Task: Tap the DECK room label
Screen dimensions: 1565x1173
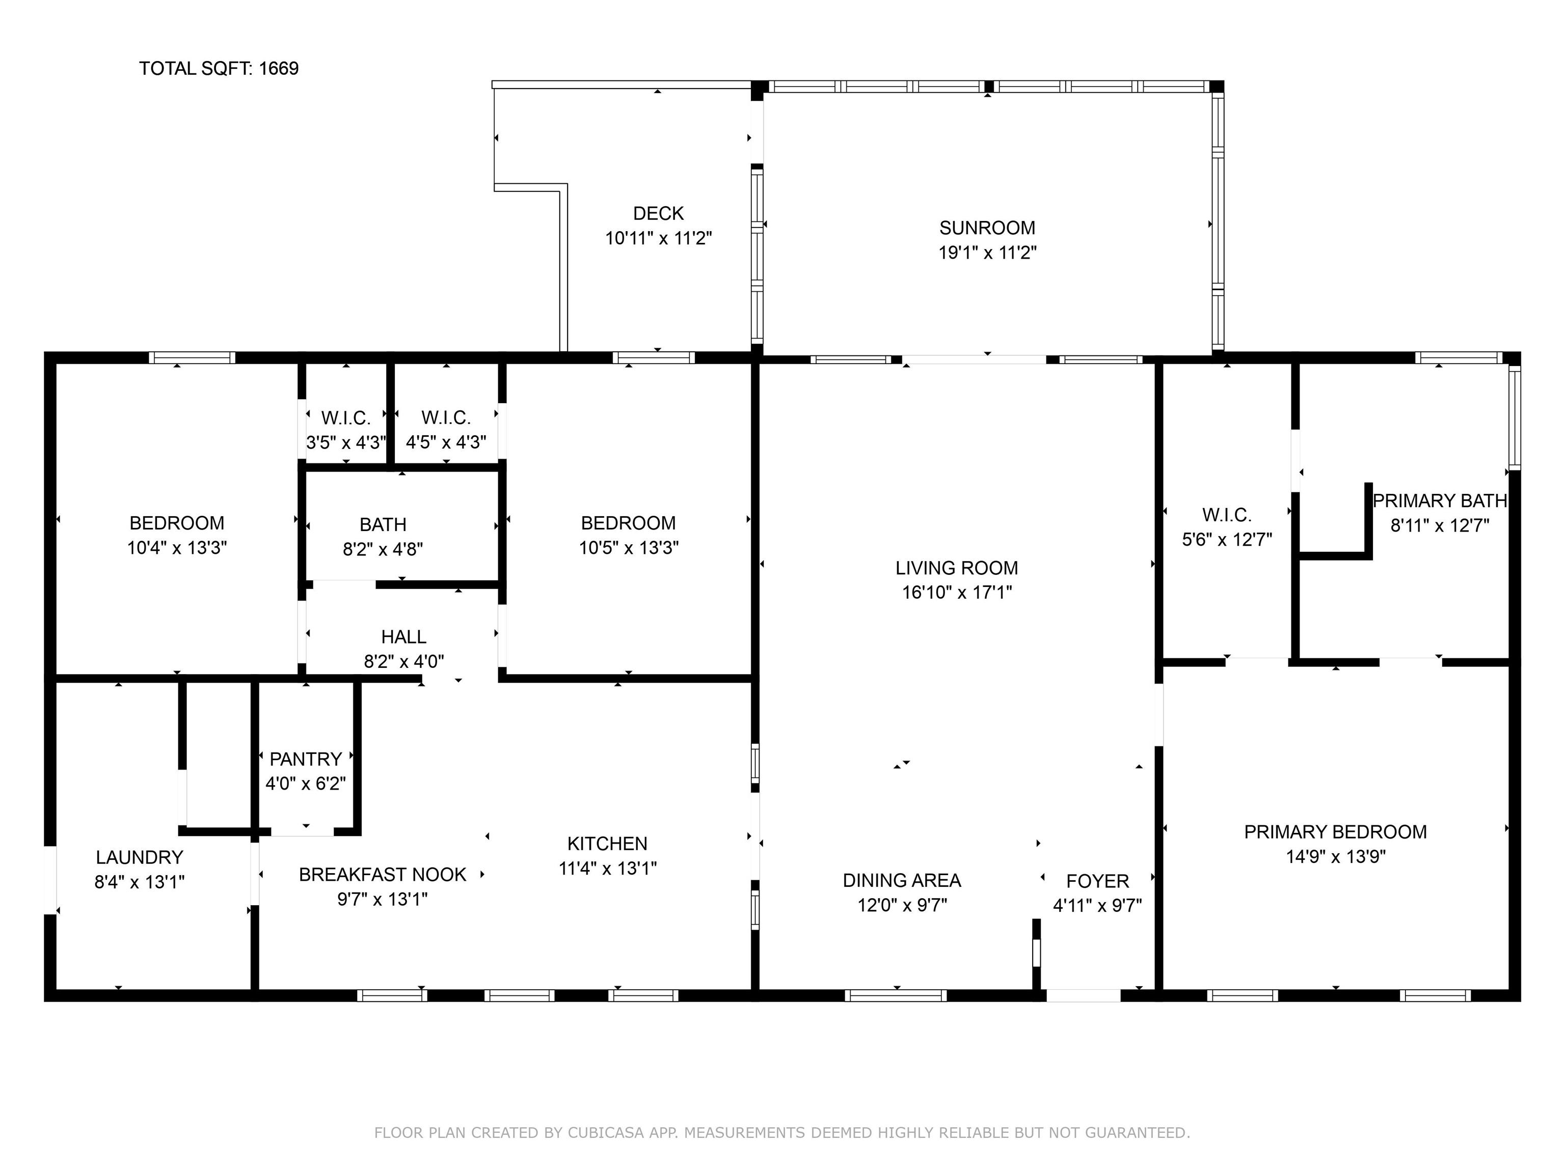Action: point(658,213)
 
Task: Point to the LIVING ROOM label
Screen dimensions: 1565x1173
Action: point(957,568)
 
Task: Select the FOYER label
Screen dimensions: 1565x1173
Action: point(1097,881)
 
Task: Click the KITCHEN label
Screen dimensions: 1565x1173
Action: point(607,844)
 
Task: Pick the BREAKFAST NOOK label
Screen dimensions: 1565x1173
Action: point(382,875)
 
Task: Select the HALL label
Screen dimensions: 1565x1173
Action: point(403,637)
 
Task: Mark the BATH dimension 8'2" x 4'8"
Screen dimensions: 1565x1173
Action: point(383,549)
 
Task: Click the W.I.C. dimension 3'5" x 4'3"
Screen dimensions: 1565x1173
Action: point(346,442)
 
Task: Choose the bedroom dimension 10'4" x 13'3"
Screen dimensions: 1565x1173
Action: point(177,548)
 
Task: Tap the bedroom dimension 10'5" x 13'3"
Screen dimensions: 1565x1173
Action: point(628,548)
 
